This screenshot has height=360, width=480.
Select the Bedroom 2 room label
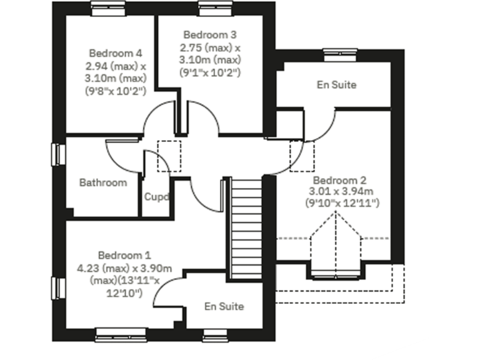(x=334, y=179)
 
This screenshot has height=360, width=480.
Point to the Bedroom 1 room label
(x=124, y=255)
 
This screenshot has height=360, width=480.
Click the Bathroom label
(x=103, y=182)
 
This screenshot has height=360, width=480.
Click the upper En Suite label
(x=337, y=84)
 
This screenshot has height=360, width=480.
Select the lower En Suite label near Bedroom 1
(x=224, y=306)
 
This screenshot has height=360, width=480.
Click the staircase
(x=246, y=228)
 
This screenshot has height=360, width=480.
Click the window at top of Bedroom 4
(x=109, y=7)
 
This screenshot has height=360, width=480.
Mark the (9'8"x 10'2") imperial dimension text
(x=115, y=90)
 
